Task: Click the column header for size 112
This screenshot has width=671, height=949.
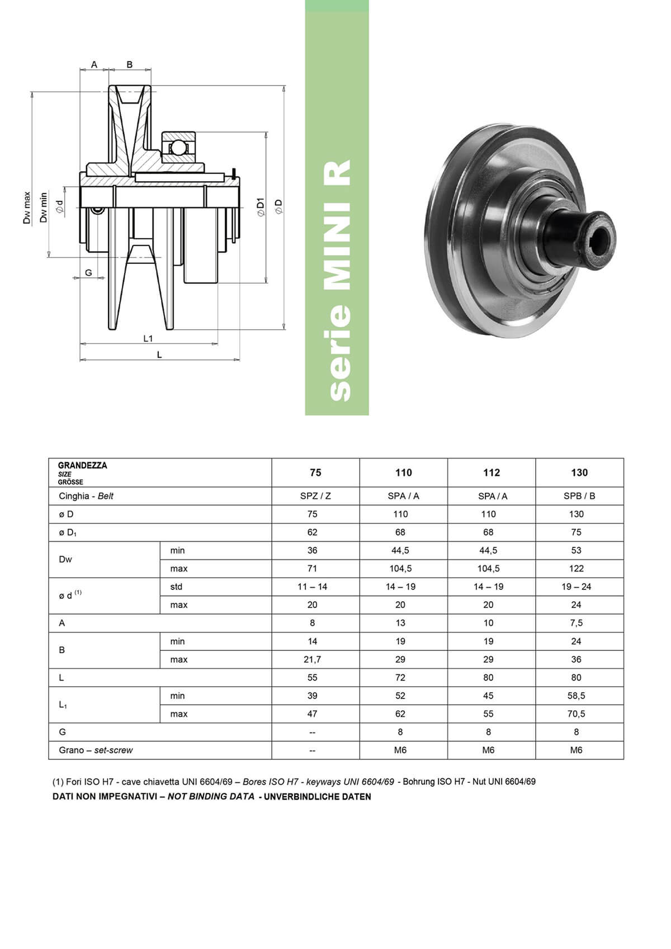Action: (x=492, y=473)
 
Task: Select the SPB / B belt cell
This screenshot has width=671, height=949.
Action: (x=579, y=495)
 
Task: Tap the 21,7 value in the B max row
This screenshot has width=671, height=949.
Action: (x=312, y=659)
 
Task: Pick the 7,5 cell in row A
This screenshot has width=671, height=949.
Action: (x=576, y=623)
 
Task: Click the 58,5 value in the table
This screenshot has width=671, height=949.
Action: (x=576, y=696)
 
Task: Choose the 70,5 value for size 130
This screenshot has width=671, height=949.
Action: (x=576, y=714)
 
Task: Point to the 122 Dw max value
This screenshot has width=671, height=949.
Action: (x=576, y=569)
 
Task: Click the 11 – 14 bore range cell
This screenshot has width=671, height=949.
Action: (x=312, y=587)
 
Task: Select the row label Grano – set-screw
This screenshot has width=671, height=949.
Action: (x=96, y=750)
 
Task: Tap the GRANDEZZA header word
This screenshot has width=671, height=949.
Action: (x=83, y=465)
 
